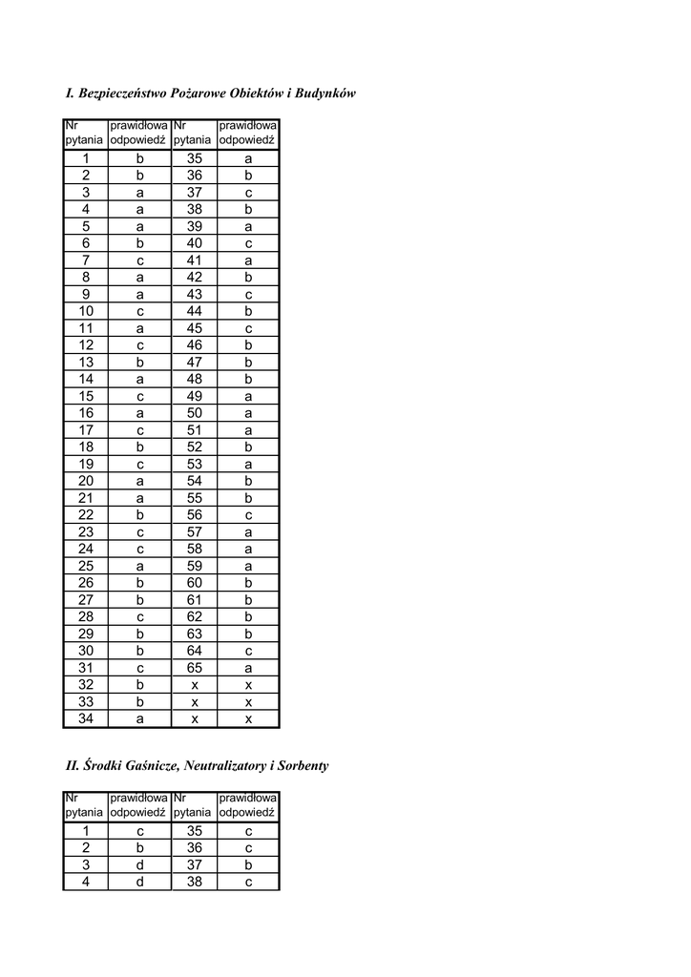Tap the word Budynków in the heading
(325, 94)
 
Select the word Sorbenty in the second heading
(298, 765)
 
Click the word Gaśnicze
(150, 765)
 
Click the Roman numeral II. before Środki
(72, 765)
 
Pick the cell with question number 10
(86, 311)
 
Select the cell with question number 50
(194, 412)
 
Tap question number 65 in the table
(194, 668)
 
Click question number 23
(86, 532)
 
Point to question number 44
(194, 311)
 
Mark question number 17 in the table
(86, 430)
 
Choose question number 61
(194, 600)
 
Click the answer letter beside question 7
(139, 260)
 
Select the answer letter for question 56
(248, 515)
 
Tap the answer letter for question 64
(248, 651)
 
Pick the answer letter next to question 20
(139, 481)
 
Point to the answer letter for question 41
(248, 260)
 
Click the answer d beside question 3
(139, 865)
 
